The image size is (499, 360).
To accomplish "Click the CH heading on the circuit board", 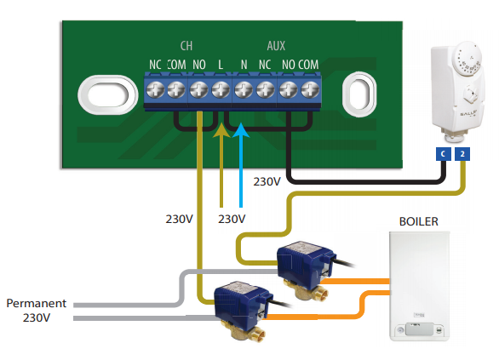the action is point(186,46).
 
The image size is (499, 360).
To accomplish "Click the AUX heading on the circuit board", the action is point(276,46).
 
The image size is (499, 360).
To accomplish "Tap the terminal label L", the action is point(221,65).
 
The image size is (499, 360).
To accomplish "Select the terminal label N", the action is point(244,65).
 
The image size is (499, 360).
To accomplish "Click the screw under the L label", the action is point(221,89).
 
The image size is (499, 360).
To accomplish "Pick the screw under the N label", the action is point(244,89).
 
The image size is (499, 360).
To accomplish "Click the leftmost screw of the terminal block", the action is point(155,89).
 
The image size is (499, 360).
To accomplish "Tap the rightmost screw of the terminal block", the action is point(310,89).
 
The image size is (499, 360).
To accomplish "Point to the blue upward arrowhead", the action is point(241,130).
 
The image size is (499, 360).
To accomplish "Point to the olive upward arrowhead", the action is point(221,130).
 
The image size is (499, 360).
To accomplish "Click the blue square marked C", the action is point(443,154).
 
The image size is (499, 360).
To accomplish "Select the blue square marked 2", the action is point(462,154).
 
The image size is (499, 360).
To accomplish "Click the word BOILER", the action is point(418,221).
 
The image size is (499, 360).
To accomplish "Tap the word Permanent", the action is point(37,303).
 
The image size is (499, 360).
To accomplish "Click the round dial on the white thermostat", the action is point(467,60).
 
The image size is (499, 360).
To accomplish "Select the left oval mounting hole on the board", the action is point(108,94).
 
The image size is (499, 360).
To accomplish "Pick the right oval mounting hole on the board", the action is point(359,94).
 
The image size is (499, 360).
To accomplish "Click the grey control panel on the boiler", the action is point(420,329).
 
